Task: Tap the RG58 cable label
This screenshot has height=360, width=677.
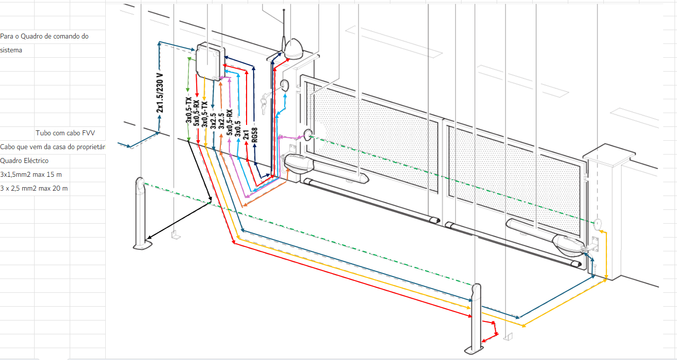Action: pos(254,135)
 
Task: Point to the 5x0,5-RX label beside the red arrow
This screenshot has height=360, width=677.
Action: pos(197,114)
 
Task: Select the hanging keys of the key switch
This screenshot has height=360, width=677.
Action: pos(264,104)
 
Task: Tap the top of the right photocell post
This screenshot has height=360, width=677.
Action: pos(476,289)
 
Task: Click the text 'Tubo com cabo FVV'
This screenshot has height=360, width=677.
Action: pos(65,133)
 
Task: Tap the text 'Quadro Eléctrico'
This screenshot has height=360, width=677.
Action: pos(24,160)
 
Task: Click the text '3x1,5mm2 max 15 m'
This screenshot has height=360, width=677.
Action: pos(31,174)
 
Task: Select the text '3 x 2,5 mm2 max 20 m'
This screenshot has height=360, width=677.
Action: pos(34,188)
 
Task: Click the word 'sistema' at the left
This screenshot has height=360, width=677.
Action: pos(11,50)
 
